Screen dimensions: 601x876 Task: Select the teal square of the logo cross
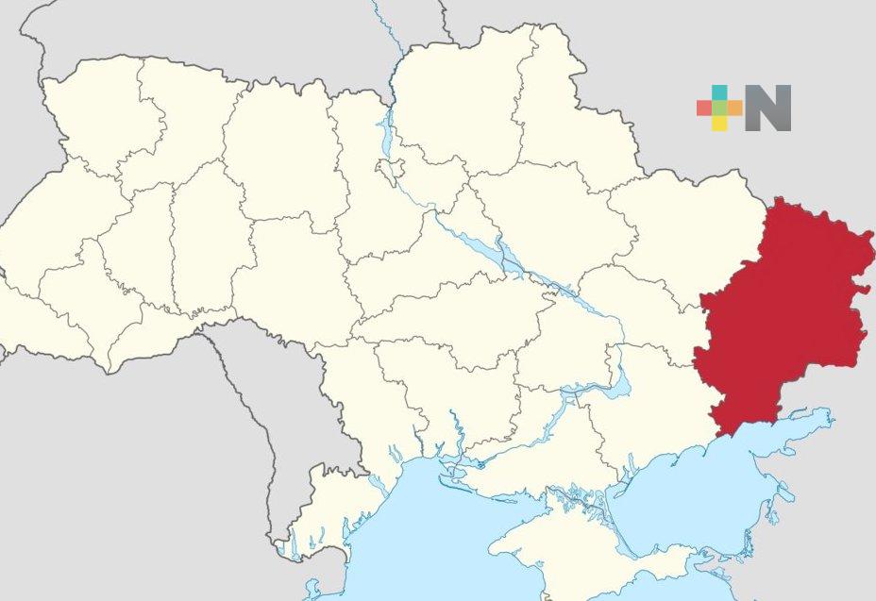[x=719, y=92]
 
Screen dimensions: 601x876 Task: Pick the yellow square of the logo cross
[x=719, y=123]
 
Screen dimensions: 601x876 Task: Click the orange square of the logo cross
[x=734, y=108]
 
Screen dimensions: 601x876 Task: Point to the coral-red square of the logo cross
[x=704, y=108]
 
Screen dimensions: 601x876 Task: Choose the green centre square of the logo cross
[x=719, y=108]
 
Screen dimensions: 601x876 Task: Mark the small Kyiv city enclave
[x=389, y=170]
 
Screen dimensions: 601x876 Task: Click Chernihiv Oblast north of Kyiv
[x=453, y=104]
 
